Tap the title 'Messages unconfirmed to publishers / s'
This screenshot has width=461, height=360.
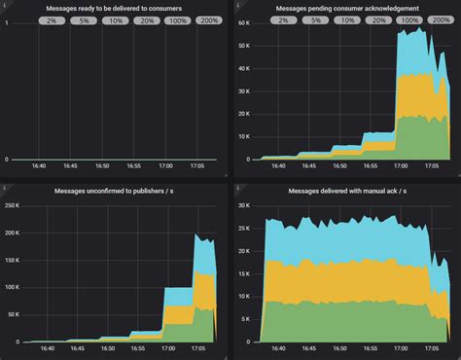pyautogui.click(x=114, y=191)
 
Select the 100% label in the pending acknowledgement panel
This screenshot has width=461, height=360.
pyautogui.click(x=408, y=19)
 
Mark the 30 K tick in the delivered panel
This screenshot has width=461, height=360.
pyautogui.click(x=242, y=206)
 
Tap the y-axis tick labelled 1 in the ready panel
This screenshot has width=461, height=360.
pyautogui.click(x=8, y=22)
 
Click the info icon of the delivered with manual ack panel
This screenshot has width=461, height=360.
pyautogui.click(x=236, y=183)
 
